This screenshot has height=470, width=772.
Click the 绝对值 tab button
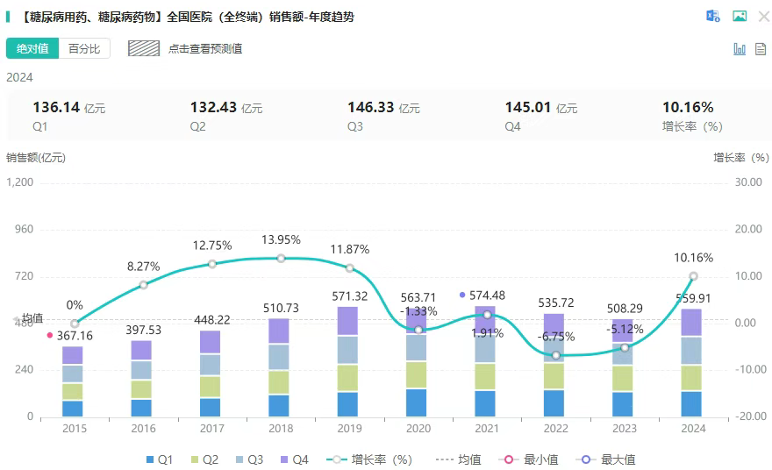[32, 49]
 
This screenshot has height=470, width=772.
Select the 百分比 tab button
[84, 49]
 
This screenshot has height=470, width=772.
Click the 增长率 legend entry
[368, 459]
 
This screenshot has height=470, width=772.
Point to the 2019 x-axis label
[349, 429]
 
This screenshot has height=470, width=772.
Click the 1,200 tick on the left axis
[19, 182]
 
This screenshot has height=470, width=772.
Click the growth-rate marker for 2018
[281, 258]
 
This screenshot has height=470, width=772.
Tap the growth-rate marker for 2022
[556, 355]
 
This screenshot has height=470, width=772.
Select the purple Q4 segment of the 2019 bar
[349, 321]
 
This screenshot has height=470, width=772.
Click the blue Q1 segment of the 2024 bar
[693, 403]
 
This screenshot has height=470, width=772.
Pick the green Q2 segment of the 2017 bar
[211, 387]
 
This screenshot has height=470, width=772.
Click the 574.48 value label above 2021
[488, 296]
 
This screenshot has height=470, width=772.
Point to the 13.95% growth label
[281, 239]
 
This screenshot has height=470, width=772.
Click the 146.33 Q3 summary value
[371, 108]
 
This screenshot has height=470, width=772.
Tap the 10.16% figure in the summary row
[688, 108]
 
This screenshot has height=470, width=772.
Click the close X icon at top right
[763, 16]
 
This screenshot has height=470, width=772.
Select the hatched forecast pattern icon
[143, 49]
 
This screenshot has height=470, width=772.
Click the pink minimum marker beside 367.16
[49, 335]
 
